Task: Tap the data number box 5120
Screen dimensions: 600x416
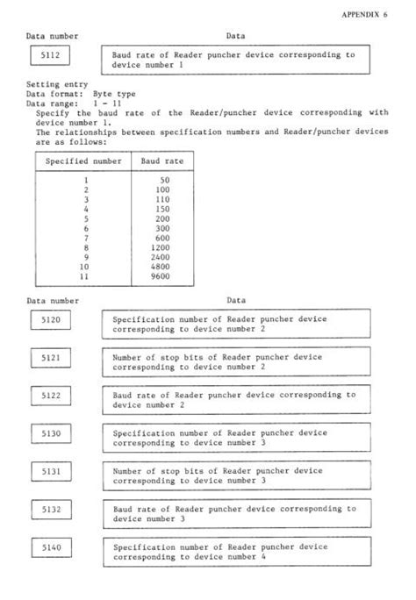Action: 51,321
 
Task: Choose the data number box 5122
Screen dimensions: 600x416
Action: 51,396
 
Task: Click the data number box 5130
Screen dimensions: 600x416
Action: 51,434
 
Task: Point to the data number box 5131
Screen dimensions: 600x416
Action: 51,472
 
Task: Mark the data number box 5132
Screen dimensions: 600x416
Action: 51,510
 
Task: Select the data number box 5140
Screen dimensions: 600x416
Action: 51,547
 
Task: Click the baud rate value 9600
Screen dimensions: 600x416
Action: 159,277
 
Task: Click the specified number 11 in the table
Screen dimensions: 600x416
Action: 85,277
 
